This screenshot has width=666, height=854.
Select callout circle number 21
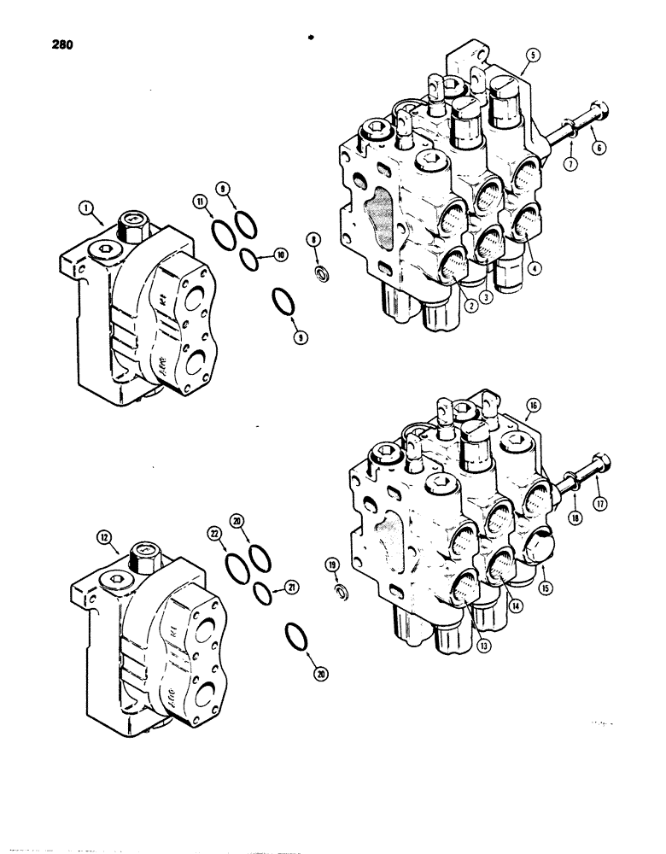291,587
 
